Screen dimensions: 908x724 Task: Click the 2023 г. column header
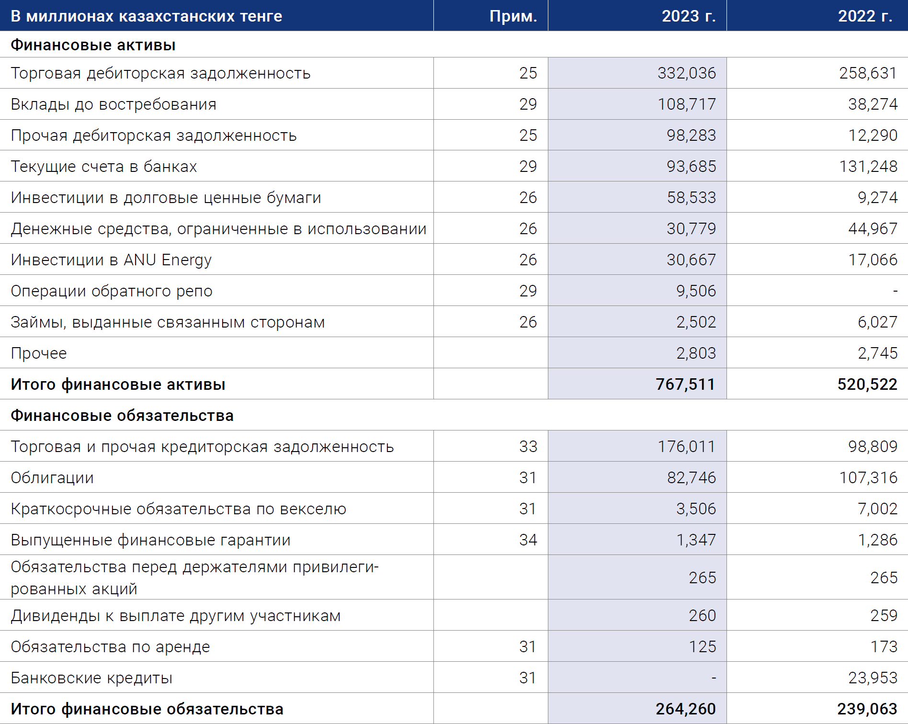689,16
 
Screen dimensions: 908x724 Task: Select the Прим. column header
513,17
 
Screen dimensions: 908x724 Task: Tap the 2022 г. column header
865,16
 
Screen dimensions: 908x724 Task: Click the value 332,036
687,73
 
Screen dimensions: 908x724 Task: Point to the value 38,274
873,104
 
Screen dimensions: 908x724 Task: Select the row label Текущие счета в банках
104,167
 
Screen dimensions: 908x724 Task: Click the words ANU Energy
168,260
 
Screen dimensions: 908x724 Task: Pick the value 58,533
692,197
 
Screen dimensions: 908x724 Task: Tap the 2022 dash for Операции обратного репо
895,291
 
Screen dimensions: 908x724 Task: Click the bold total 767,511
686,384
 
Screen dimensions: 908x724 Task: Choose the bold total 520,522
867,384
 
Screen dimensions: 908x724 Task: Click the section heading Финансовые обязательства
122,416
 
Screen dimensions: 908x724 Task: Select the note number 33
528,446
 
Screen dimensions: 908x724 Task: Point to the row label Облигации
52,478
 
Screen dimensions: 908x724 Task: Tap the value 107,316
868,477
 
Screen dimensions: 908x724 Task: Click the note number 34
528,540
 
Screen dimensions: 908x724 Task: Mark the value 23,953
873,678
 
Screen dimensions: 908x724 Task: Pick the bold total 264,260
686,709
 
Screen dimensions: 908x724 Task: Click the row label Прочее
39,353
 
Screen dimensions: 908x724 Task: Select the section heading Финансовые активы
93,45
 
